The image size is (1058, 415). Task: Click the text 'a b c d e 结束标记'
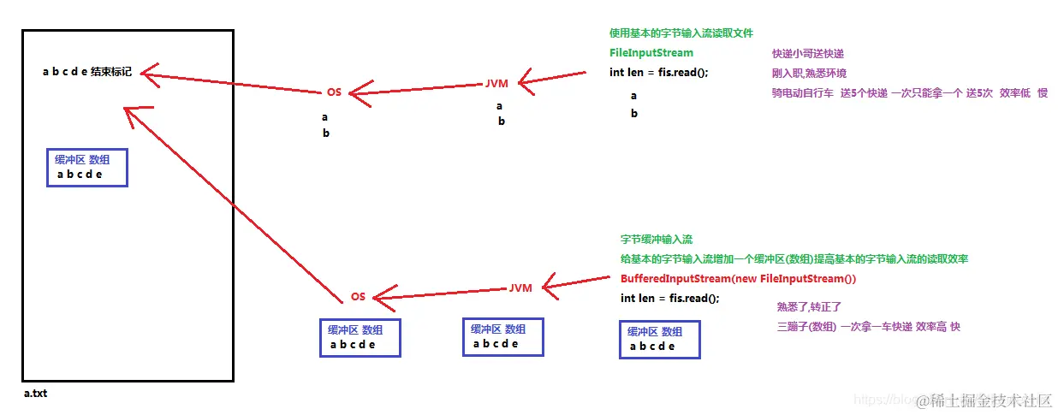click(x=86, y=72)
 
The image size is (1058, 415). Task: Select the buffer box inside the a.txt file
click(x=86, y=168)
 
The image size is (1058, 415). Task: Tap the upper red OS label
click(x=334, y=92)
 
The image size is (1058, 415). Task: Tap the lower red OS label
click(x=358, y=296)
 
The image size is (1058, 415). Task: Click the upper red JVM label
click(x=497, y=85)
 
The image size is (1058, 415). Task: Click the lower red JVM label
click(x=520, y=288)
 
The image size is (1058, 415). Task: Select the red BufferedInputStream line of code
click(x=738, y=279)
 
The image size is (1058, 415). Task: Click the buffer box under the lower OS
click(x=360, y=338)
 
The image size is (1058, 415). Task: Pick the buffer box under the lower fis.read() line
click(x=659, y=340)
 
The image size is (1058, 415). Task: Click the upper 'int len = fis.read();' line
click(x=658, y=72)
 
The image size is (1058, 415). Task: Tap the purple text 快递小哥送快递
click(x=807, y=54)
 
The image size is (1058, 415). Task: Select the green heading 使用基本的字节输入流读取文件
click(x=681, y=33)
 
